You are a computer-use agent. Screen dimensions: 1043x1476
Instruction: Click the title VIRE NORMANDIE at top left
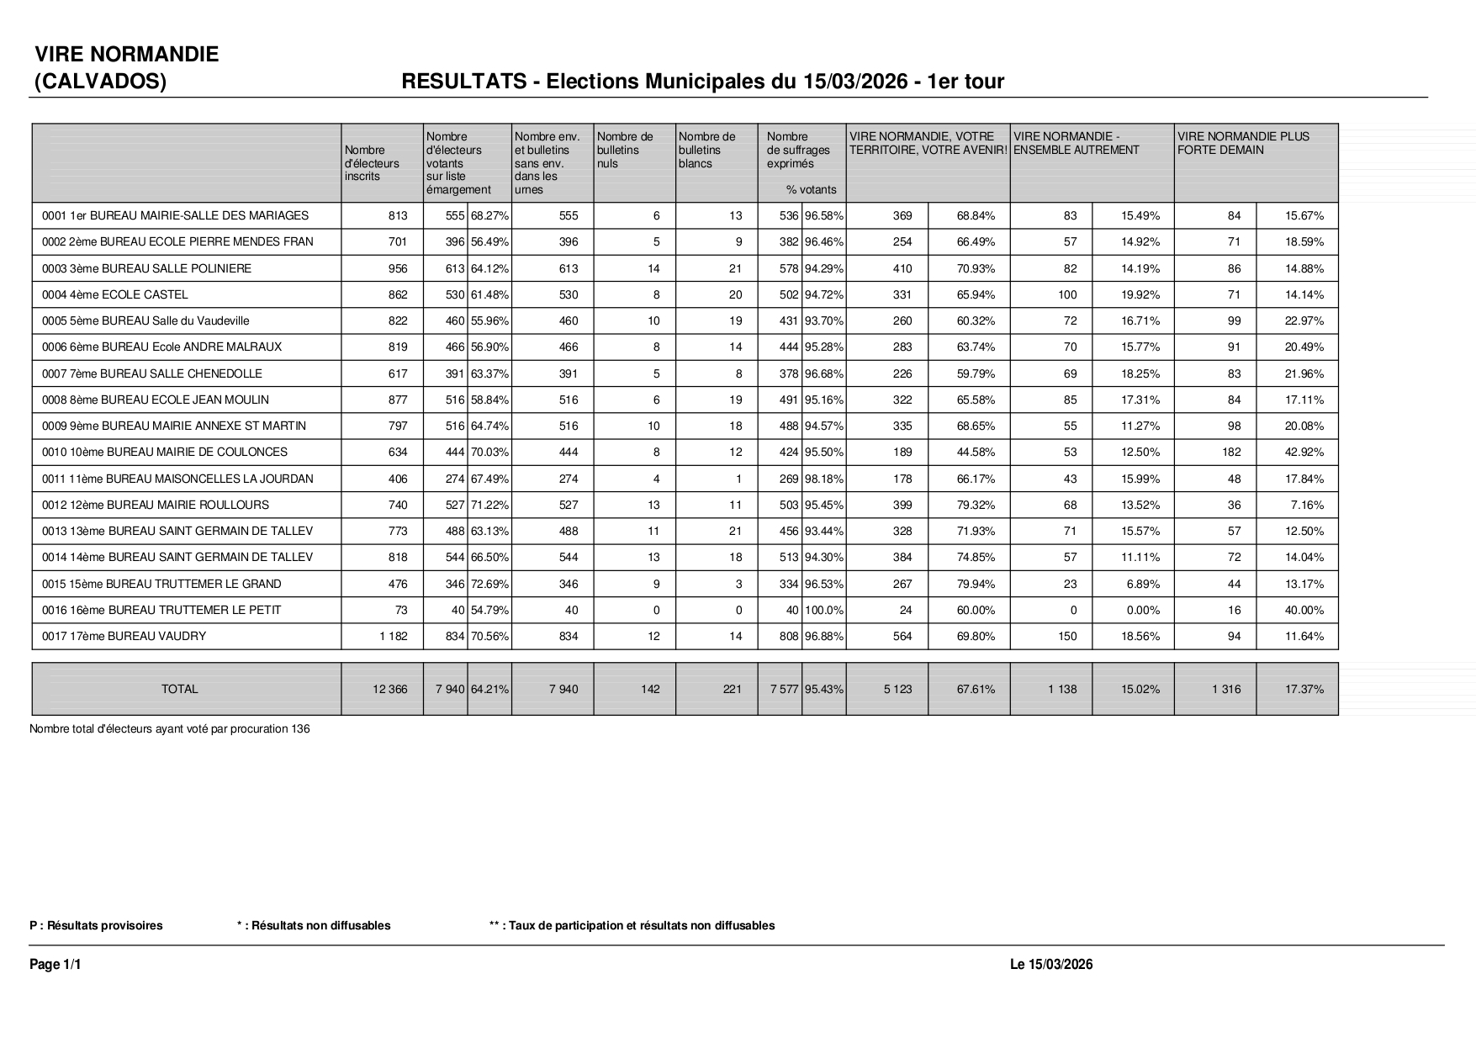coord(126,55)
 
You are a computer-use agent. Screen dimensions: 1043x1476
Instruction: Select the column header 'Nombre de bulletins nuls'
coord(625,150)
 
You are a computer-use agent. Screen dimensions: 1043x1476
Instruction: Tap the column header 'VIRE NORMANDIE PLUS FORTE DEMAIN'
coord(1243,143)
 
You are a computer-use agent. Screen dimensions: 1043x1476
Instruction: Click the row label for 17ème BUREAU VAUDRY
coord(124,637)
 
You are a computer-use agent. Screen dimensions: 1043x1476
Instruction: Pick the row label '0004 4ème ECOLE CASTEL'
coord(115,295)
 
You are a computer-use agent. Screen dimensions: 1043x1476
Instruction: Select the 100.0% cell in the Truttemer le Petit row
coord(824,611)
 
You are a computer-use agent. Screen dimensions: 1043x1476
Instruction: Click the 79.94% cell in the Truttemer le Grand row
coord(976,585)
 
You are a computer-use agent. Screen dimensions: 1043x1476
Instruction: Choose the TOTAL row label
coord(180,690)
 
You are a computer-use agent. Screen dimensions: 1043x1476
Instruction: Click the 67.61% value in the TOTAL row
coord(976,690)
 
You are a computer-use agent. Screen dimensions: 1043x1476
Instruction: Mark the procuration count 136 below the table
coord(300,729)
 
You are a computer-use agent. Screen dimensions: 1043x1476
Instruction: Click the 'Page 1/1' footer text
coord(56,965)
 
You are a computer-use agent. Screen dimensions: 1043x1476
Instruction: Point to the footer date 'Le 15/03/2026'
coord(1050,965)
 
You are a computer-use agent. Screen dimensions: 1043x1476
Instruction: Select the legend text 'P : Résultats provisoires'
coord(96,926)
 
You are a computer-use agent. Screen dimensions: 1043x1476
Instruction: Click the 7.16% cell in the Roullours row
coord(1307,506)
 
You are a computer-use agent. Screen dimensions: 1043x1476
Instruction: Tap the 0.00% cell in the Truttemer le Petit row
coord(1143,611)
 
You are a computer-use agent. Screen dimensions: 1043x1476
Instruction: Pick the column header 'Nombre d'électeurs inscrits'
coord(372,163)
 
